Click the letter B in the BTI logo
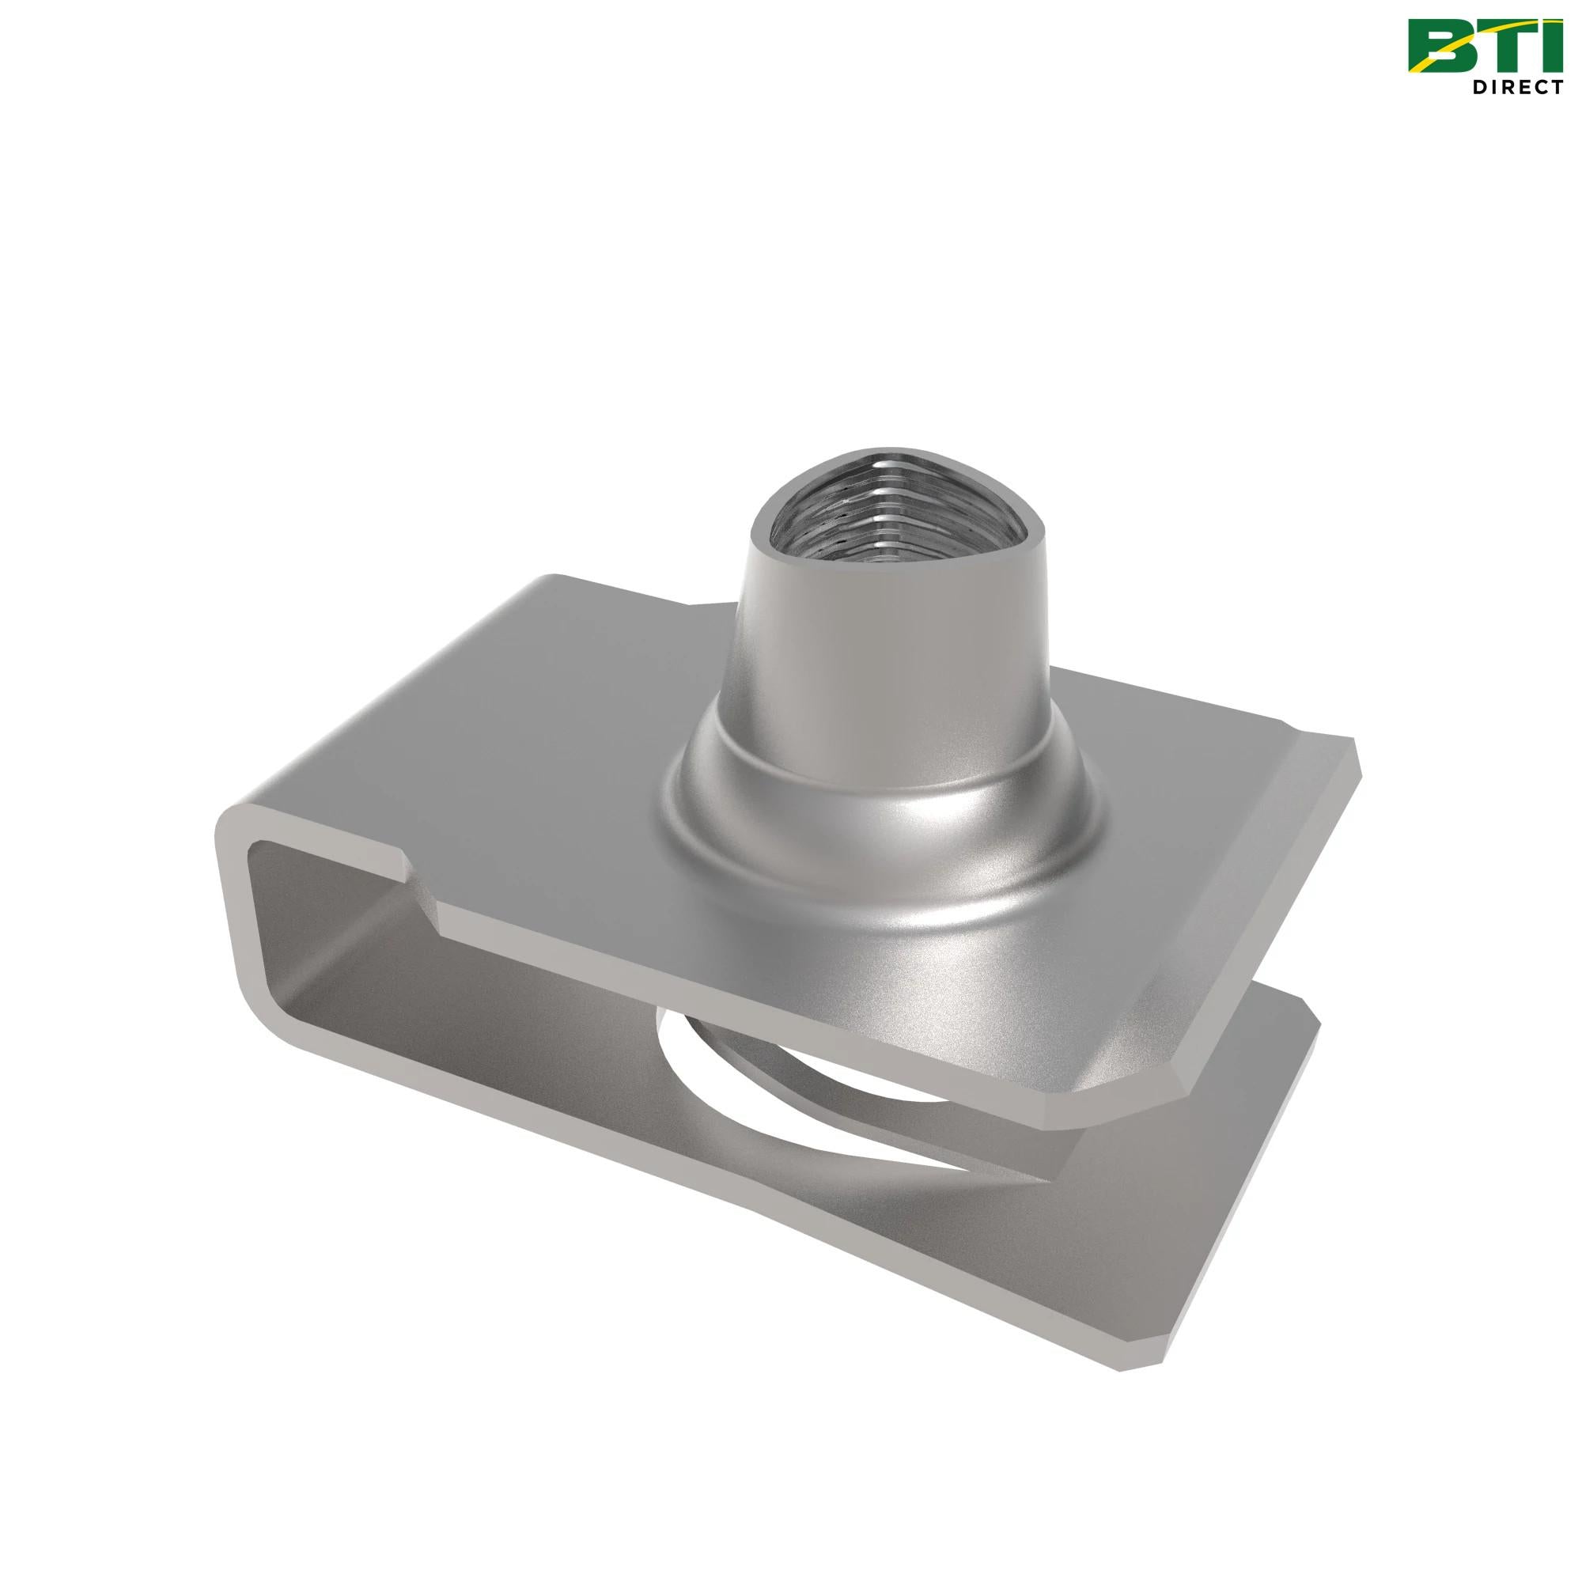tap(1438, 47)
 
